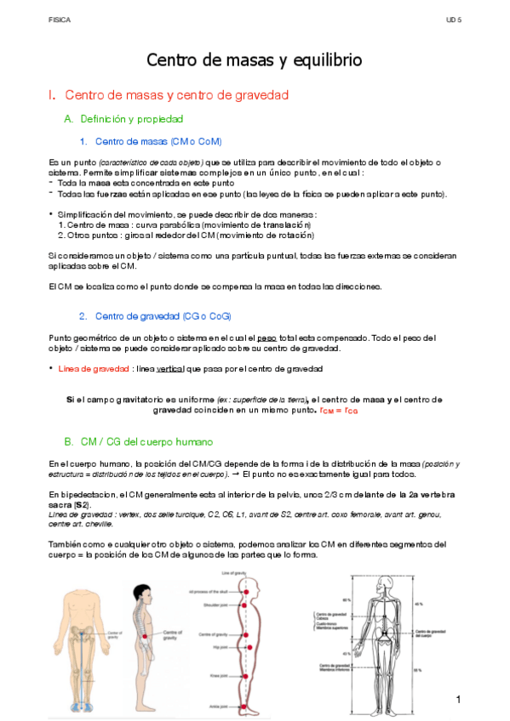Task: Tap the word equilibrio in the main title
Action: point(326,60)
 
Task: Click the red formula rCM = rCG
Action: point(338,410)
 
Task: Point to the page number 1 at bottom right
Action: point(458,699)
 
